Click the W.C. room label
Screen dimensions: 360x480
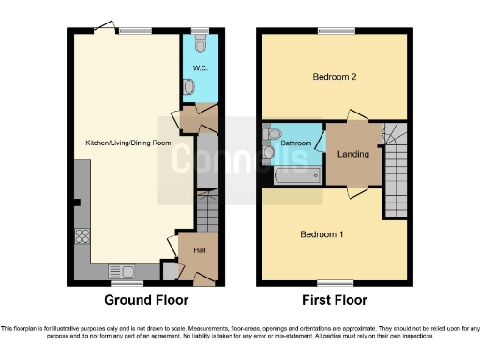point(199,69)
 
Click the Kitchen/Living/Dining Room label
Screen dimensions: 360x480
point(121,142)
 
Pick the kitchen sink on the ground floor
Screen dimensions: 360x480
point(124,271)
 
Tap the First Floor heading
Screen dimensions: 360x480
point(335,301)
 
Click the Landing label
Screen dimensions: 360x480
point(352,155)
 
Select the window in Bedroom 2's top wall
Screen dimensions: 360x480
point(336,32)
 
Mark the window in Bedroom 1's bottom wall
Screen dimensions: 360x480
point(330,282)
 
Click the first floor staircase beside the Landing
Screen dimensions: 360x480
point(396,169)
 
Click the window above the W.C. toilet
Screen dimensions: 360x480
point(200,32)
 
